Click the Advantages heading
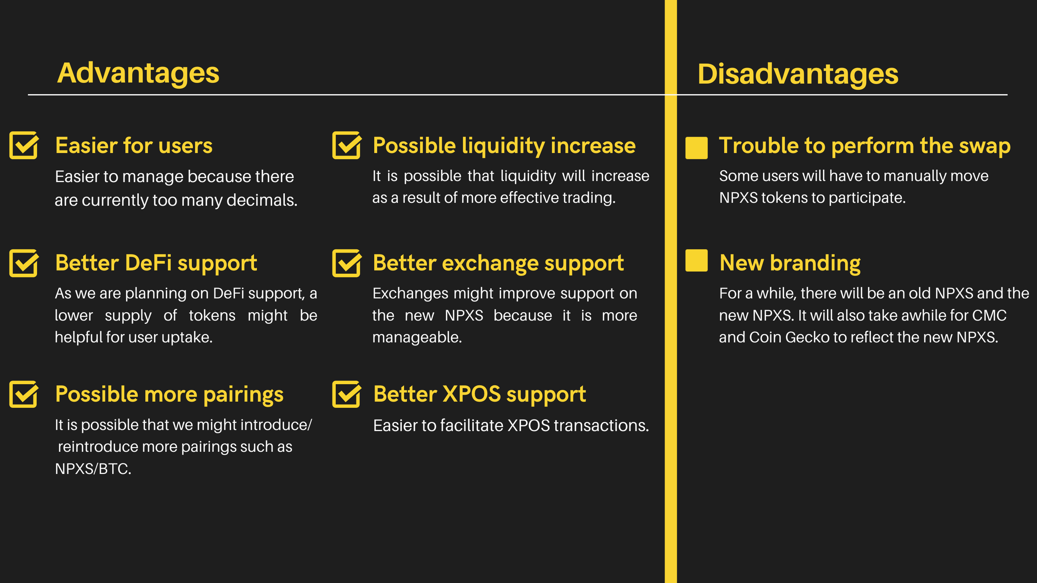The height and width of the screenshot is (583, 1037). [x=138, y=74]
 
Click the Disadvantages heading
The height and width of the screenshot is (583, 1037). [x=798, y=74]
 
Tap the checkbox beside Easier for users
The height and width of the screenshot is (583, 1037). [x=24, y=145]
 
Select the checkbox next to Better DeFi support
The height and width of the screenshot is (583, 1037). [x=24, y=263]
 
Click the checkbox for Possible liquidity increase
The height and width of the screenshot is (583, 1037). [x=347, y=145]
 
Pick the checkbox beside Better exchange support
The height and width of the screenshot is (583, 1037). [x=347, y=263]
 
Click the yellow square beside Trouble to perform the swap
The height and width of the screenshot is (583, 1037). [x=697, y=148]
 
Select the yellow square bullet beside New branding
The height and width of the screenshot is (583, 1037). [x=697, y=261]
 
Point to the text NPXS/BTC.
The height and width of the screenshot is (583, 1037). [x=93, y=469]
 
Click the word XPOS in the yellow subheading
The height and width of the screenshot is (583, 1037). [x=472, y=394]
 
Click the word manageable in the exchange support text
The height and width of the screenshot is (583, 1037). [x=417, y=337]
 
